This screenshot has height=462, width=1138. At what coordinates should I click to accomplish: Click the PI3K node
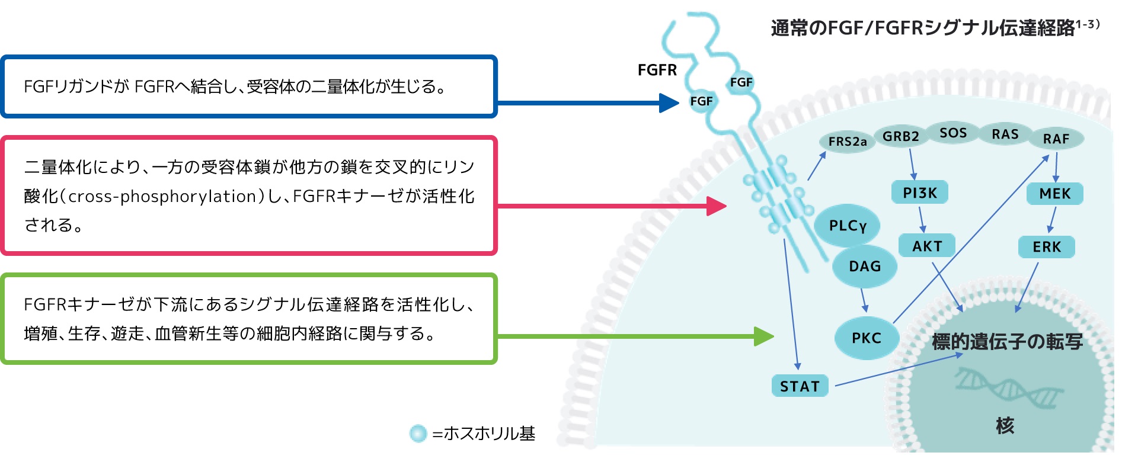click(x=920, y=192)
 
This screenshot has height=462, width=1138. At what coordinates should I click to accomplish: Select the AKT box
click(x=927, y=246)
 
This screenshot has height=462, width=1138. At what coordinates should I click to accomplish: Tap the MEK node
click(x=1055, y=194)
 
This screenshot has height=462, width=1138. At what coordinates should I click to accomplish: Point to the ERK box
click(x=1047, y=247)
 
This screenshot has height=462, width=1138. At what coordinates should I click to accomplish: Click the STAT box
click(x=800, y=386)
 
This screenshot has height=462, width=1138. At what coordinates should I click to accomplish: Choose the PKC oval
click(x=867, y=338)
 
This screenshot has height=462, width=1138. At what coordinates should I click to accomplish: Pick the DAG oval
click(x=865, y=267)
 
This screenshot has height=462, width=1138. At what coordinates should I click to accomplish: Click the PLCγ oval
click(x=847, y=226)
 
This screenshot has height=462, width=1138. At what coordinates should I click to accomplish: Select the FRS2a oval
click(x=848, y=142)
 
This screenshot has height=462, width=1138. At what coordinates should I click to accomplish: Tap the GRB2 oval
click(x=900, y=136)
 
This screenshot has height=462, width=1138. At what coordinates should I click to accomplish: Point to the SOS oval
click(x=952, y=133)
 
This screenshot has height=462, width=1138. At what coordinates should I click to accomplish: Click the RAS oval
click(x=1005, y=134)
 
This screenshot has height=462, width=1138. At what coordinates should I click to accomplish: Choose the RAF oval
click(x=1056, y=139)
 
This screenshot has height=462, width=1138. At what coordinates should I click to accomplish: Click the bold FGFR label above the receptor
click(x=657, y=70)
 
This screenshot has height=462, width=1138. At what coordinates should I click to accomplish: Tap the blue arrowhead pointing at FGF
click(x=670, y=102)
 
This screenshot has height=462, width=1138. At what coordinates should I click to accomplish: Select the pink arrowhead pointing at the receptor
click(x=717, y=206)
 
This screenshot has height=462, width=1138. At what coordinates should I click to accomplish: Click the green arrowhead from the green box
click(x=764, y=336)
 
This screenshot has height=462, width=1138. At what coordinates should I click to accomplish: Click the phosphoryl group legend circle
click(x=418, y=434)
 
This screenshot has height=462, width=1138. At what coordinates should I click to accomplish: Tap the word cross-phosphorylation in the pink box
click(x=163, y=196)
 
